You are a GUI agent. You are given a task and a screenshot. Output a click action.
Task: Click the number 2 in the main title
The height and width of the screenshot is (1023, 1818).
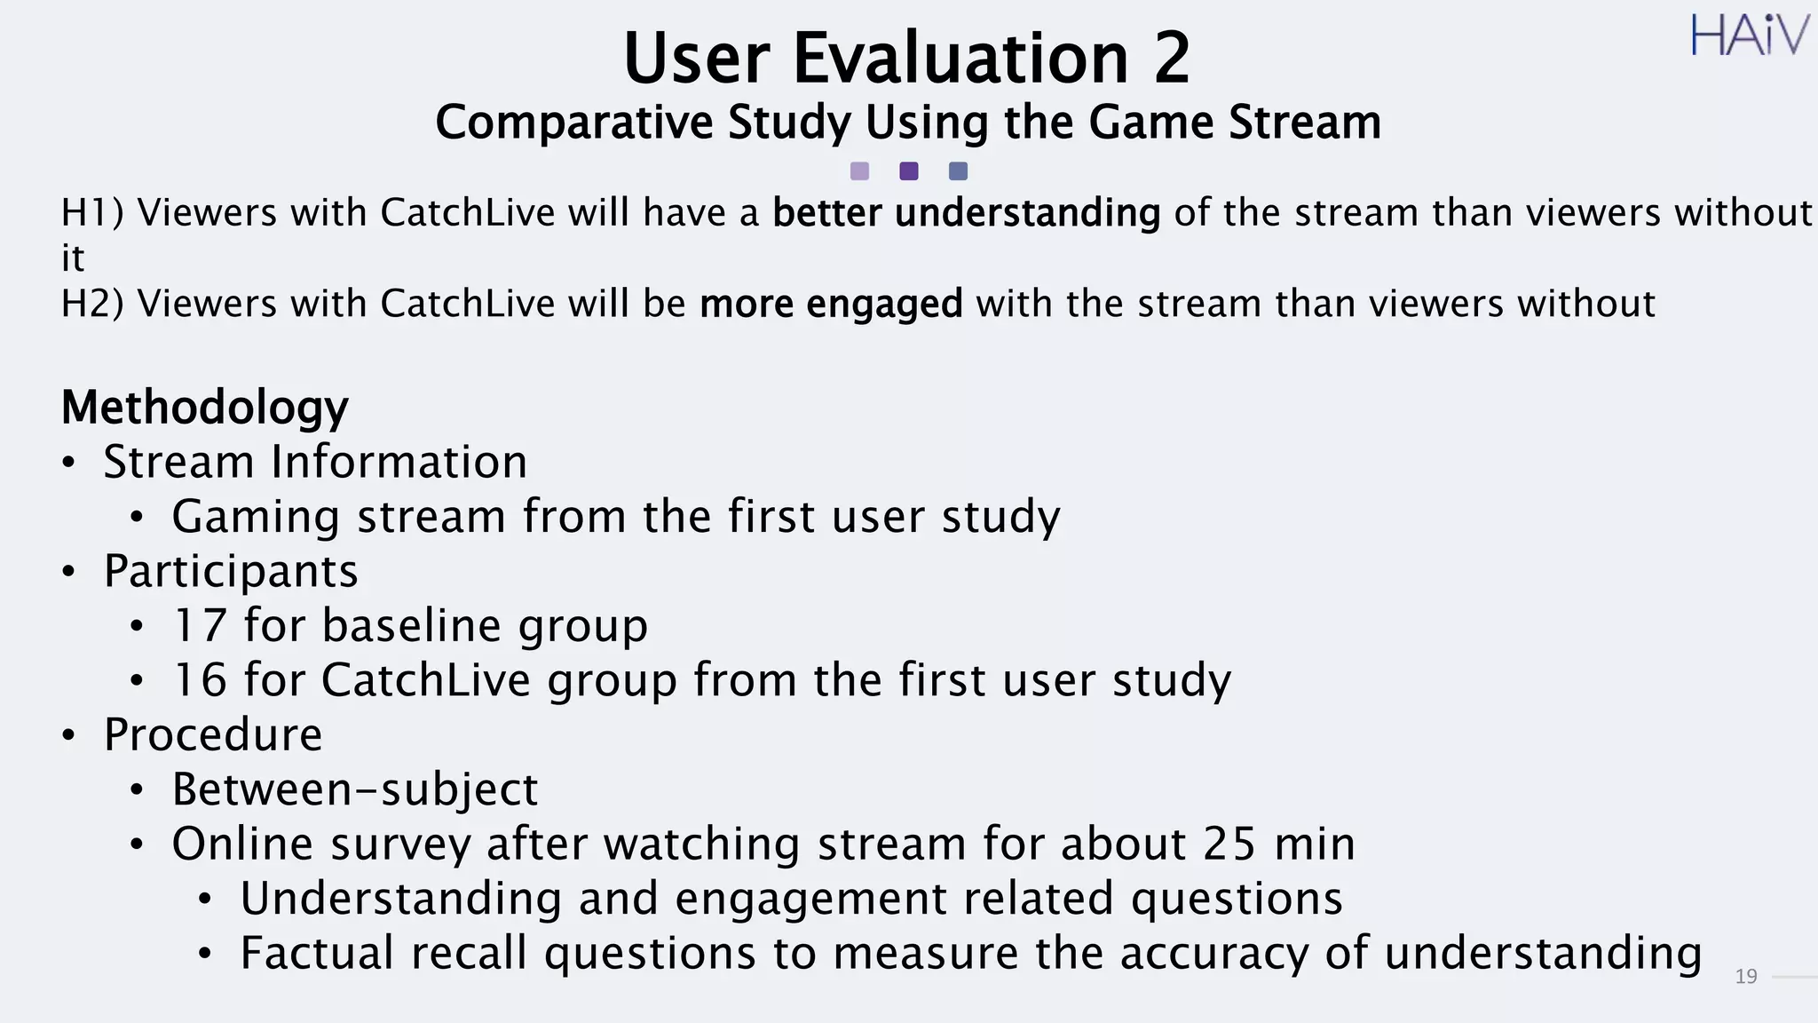coord(1171,59)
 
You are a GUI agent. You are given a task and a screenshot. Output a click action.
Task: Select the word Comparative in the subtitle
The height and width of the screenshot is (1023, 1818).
coord(573,123)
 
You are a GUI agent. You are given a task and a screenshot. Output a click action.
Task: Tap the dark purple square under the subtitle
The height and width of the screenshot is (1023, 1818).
coord(909,171)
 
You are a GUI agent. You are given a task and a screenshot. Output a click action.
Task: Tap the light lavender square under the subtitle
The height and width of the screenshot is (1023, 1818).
coord(859,171)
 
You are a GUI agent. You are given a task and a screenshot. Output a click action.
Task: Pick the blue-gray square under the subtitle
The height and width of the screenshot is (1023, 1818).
coord(958,171)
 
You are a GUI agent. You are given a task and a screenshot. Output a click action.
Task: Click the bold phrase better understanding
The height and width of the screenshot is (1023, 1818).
coord(966,214)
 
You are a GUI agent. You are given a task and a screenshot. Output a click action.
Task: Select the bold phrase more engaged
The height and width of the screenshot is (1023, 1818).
coord(831,305)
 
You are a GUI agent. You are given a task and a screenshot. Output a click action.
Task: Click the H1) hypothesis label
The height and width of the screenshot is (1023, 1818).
coord(92,214)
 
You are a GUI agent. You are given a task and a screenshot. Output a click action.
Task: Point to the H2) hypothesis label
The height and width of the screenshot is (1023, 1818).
coord(92,305)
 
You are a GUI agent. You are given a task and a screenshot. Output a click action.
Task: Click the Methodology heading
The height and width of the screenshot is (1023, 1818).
coord(204,408)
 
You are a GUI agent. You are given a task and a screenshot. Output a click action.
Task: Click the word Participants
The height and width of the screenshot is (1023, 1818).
coord(231,571)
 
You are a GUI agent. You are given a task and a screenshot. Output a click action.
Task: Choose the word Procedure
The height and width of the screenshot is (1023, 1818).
coord(213,734)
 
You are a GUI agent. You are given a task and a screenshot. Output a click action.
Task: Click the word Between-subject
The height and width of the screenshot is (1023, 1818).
coord(355,789)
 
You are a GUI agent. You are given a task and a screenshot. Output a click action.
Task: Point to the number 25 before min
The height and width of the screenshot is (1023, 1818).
coord(1229,844)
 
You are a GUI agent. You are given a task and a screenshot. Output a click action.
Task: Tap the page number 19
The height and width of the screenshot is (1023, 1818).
coord(1745,977)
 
